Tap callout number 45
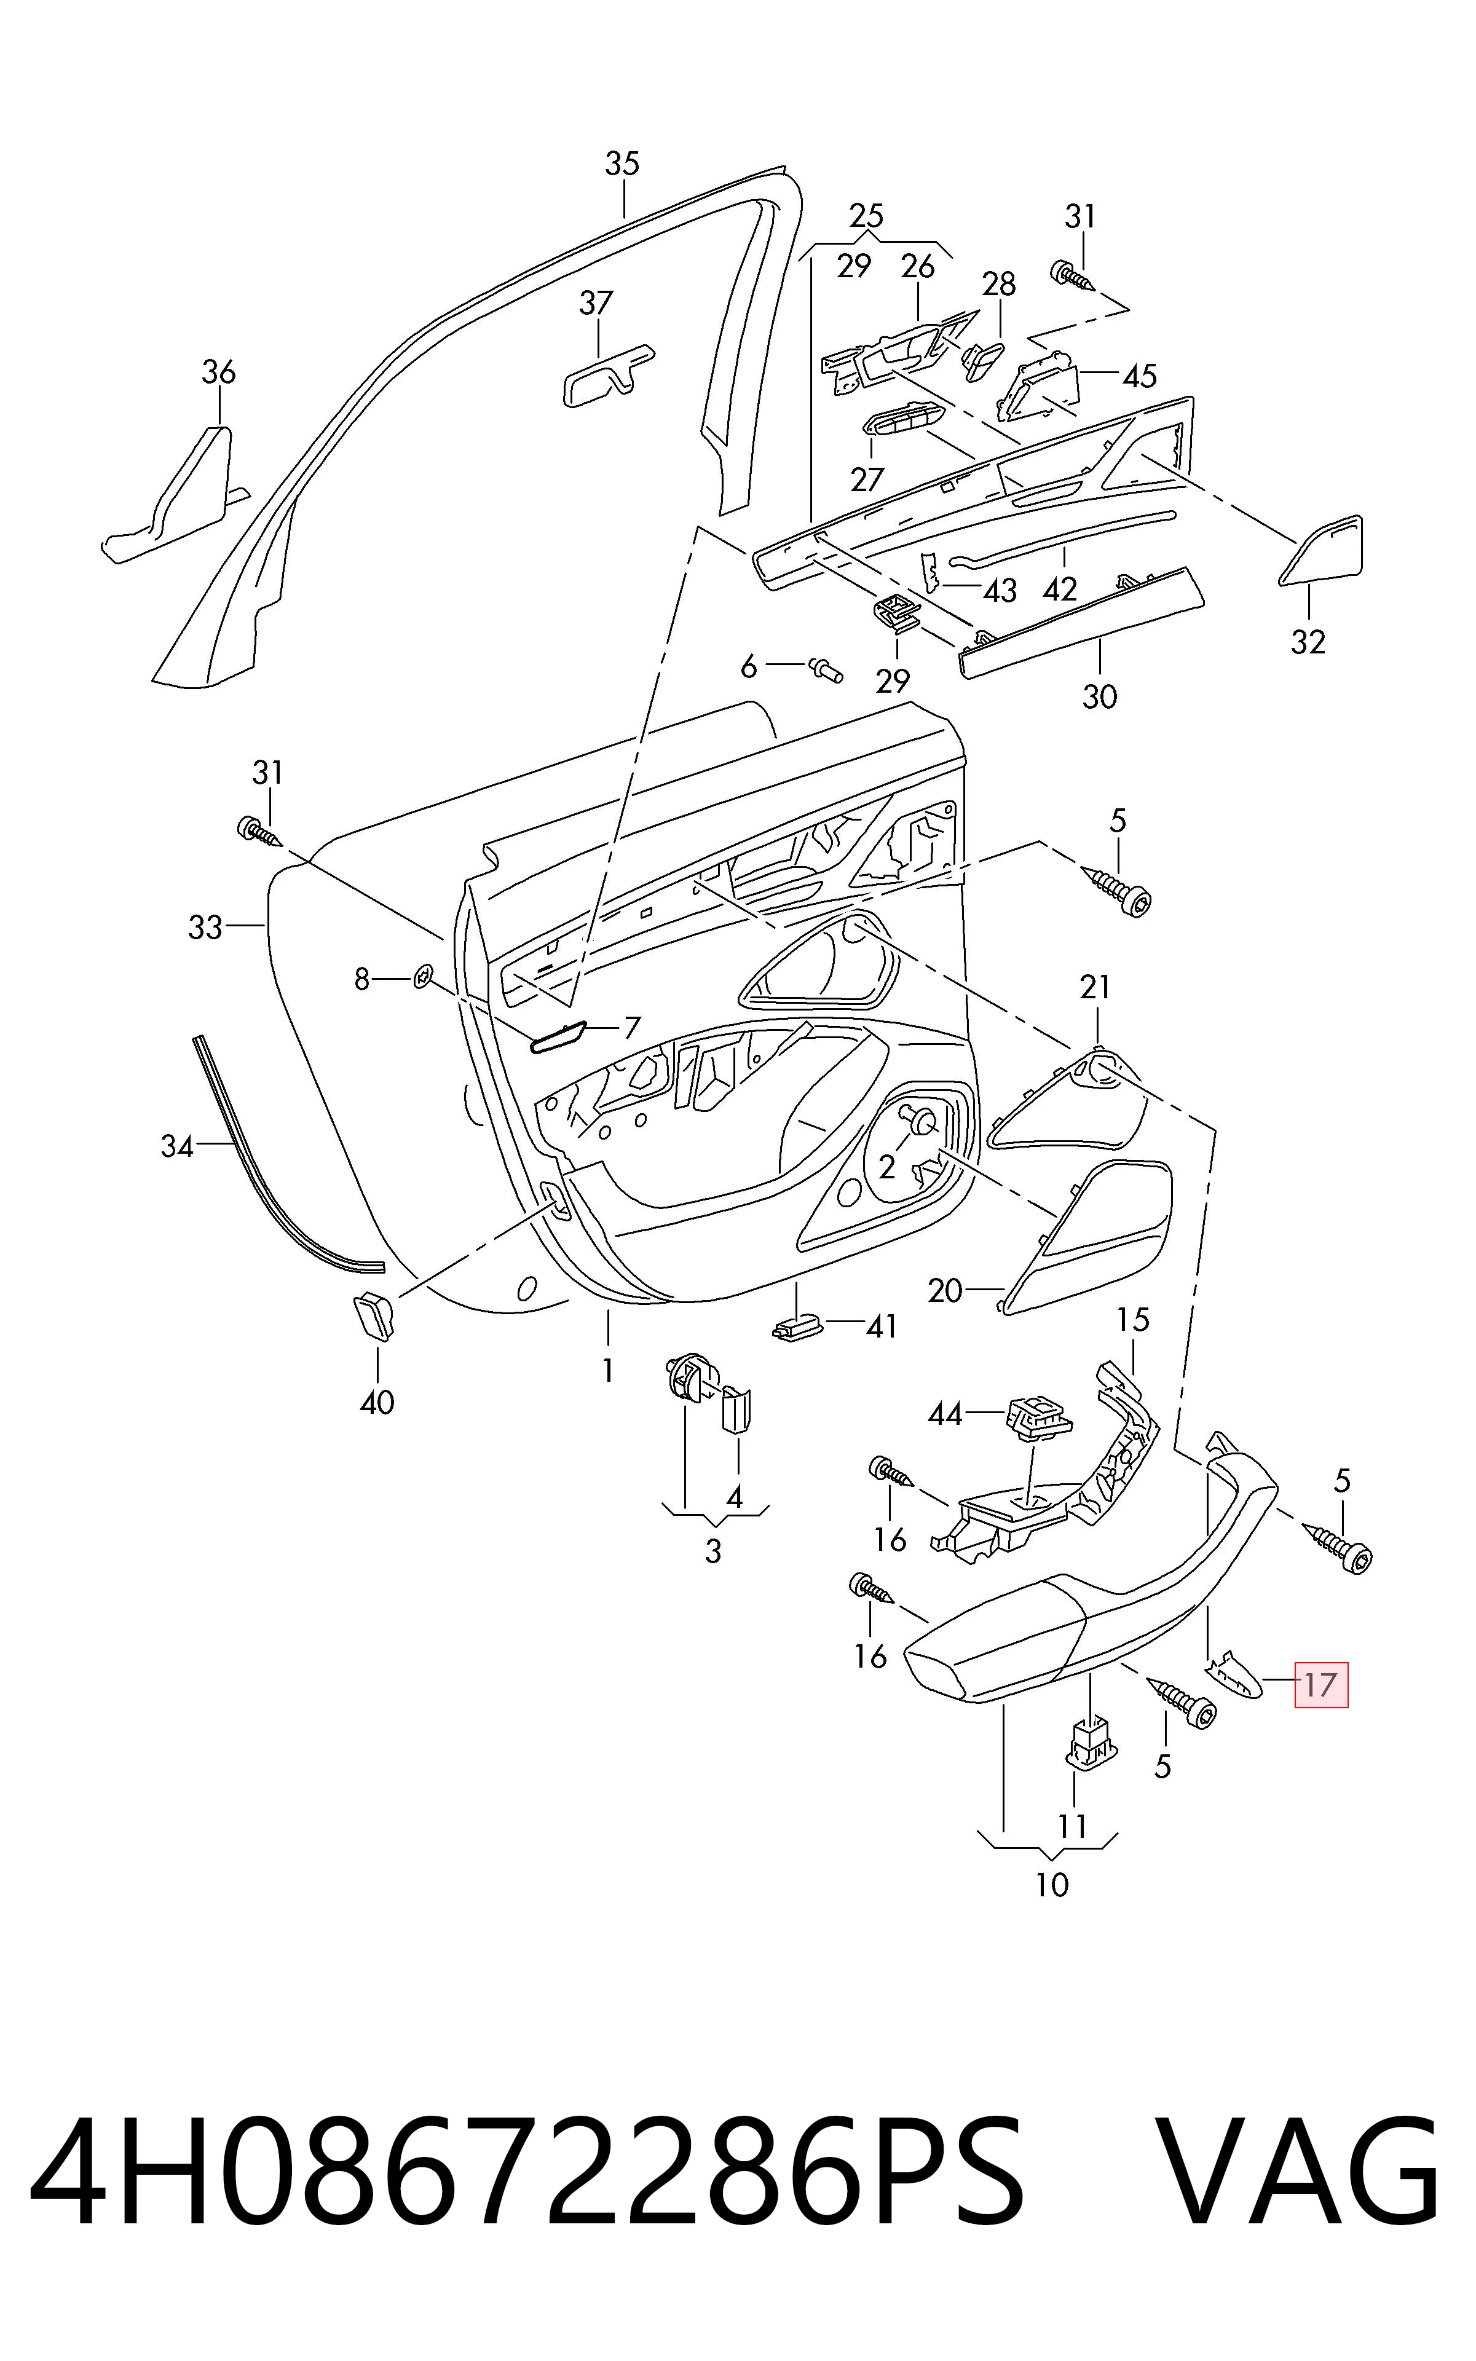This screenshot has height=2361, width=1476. click(1139, 376)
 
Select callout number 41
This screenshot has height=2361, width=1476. click(882, 1326)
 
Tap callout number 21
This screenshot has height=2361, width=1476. click(1095, 988)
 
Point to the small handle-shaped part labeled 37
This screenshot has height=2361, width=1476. click(606, 374)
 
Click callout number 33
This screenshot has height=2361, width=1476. click(205, 927)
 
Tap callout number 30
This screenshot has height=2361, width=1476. click(1099, 697)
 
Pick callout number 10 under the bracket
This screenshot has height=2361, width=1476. click(1052, 1885)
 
